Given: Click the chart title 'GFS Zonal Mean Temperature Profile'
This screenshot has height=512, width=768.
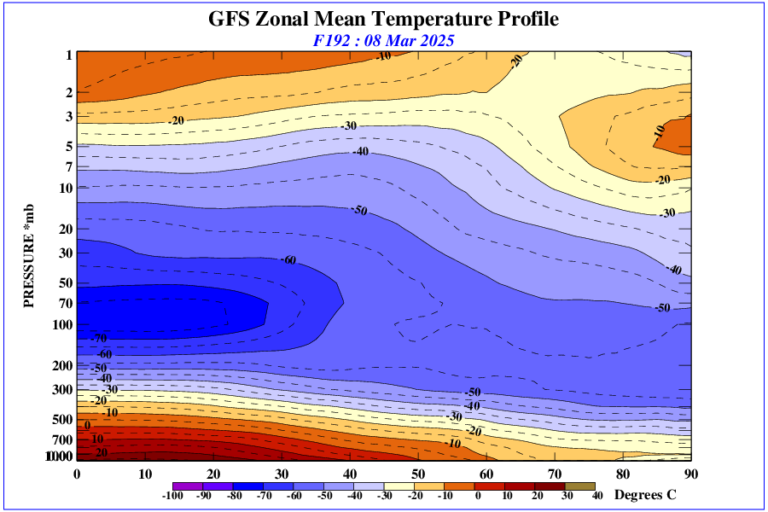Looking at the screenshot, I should (x=383, y=19).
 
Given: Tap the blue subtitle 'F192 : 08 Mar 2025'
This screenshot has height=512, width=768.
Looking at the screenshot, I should (x=383, y=40).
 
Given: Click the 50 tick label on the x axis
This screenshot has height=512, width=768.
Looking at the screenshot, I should (x=418, y=474).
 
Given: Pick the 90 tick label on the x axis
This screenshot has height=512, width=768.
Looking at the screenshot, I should (x=691, y=474).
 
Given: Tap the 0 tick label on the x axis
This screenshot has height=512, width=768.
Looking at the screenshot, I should (x=77, y=474).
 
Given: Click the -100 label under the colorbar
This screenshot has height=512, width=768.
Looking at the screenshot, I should (x=172, y=495).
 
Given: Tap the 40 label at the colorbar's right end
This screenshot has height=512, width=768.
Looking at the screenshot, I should (x=597, y=495).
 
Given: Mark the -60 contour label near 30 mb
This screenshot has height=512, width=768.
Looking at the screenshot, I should (x=288, y=259).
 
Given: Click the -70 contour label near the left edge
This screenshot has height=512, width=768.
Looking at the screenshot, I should (x=99, y=340).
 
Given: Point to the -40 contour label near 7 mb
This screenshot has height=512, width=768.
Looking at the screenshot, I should (x=360, y=152).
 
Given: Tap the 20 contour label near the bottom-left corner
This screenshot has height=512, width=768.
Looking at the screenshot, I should (x=101, y=452).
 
